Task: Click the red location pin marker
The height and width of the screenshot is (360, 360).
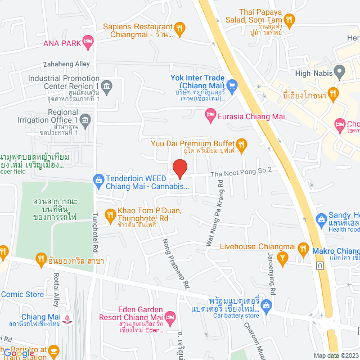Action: pos(179,168)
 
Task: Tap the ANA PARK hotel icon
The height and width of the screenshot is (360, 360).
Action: pos(87,40)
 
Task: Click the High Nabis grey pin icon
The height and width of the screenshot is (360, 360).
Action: pos(339,72)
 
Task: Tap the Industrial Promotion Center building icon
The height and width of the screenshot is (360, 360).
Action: pos(107,85)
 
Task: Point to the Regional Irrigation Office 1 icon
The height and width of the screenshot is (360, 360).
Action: pos(85,119)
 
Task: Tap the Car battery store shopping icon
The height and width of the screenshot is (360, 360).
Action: pos(267,307)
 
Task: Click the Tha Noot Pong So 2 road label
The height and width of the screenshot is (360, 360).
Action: pos(241,170)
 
